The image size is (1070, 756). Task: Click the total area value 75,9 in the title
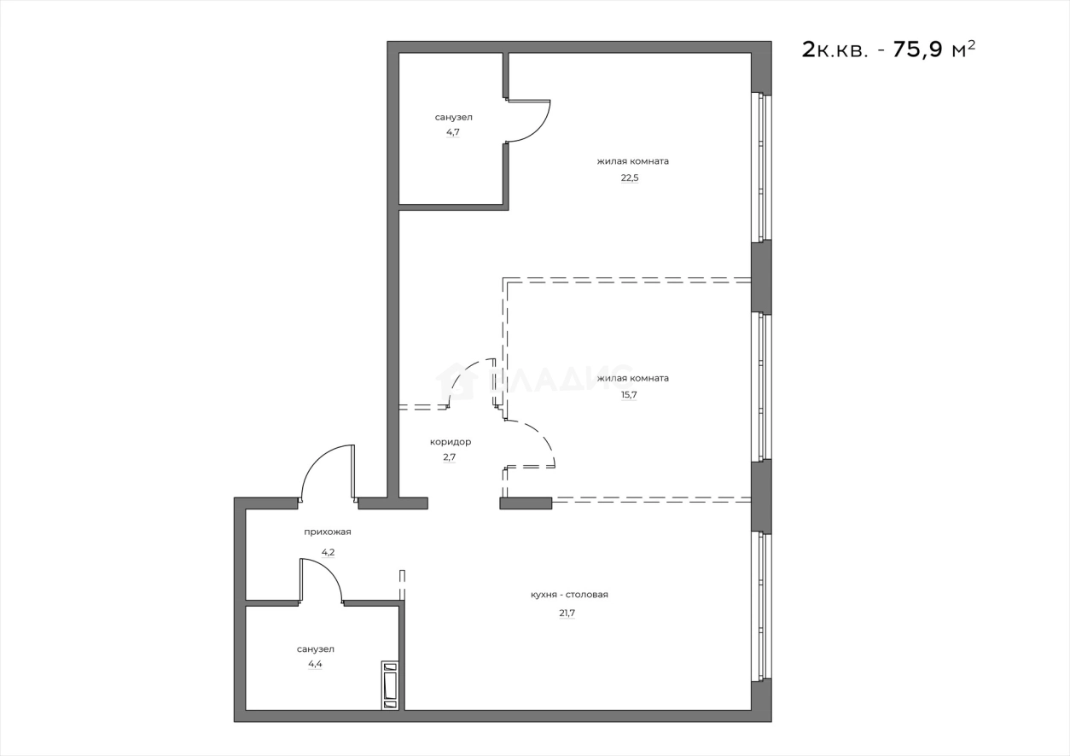pos(917,49)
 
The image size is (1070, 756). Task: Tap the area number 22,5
pos(630,178)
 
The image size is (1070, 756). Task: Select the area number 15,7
pos(630,395)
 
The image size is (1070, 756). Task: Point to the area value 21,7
pos(567,613)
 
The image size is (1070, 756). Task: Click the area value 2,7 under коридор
pos(450,457)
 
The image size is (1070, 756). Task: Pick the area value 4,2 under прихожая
pos(328,552)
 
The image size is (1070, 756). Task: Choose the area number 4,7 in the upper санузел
pos(453,133)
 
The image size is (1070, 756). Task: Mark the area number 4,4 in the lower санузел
pos(315,664)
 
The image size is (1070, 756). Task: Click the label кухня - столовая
pos(569,595)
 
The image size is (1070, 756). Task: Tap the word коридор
pos(450,442)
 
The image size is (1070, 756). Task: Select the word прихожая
pos(328,532)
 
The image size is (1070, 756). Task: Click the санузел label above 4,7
pos(453,117)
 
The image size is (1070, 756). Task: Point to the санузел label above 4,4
pos(315,648)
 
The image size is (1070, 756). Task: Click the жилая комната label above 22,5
pos(632,160)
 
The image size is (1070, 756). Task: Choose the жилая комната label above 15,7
pos(632,378)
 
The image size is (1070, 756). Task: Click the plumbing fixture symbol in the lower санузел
pos(390,685)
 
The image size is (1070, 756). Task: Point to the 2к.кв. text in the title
pos(836,49)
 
